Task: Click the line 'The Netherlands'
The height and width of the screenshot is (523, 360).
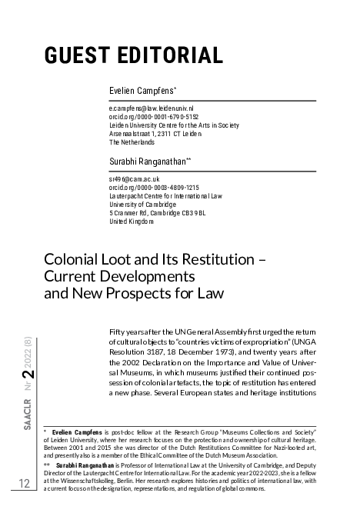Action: pos(132,142)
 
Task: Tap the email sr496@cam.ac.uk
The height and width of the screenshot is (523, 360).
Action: pos(134,179)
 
